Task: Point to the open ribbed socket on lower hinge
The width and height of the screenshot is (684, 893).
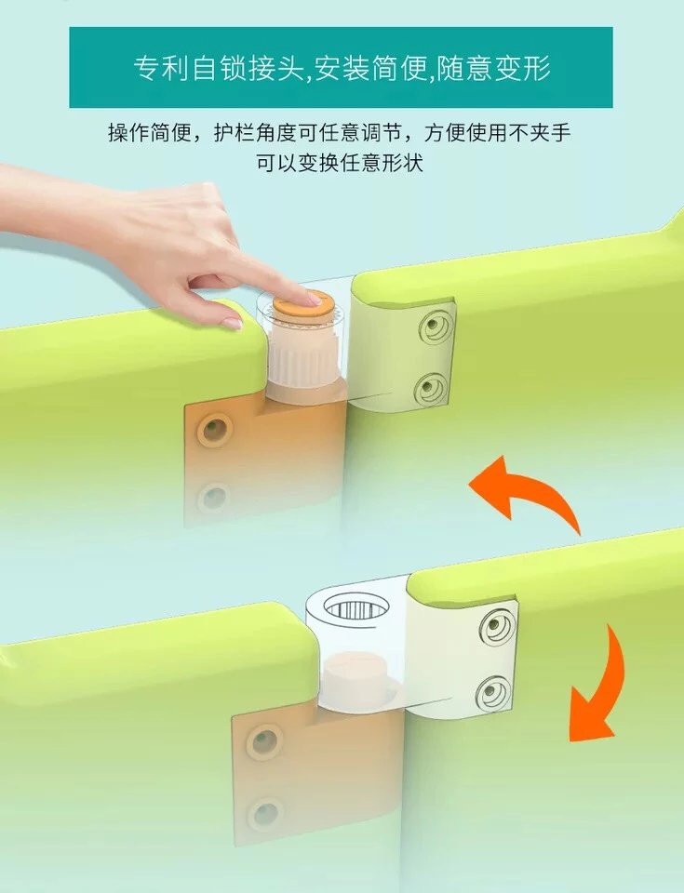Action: (354, 608)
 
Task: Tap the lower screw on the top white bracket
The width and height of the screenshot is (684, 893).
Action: (431, 389)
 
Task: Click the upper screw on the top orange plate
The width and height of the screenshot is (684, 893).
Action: (215, 429)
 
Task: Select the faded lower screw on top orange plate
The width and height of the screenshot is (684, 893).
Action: (214, 497)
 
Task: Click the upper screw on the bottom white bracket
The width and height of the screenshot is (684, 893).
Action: (494, 626)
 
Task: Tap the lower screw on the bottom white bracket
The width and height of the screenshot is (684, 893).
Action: (493, 692)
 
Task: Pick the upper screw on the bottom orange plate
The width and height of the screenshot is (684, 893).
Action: (264, 741)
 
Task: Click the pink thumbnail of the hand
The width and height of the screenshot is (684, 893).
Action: (233, 323)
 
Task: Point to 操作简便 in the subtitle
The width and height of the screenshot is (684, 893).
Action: (151, 133)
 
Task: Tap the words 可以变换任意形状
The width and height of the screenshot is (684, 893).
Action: (340, 164)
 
